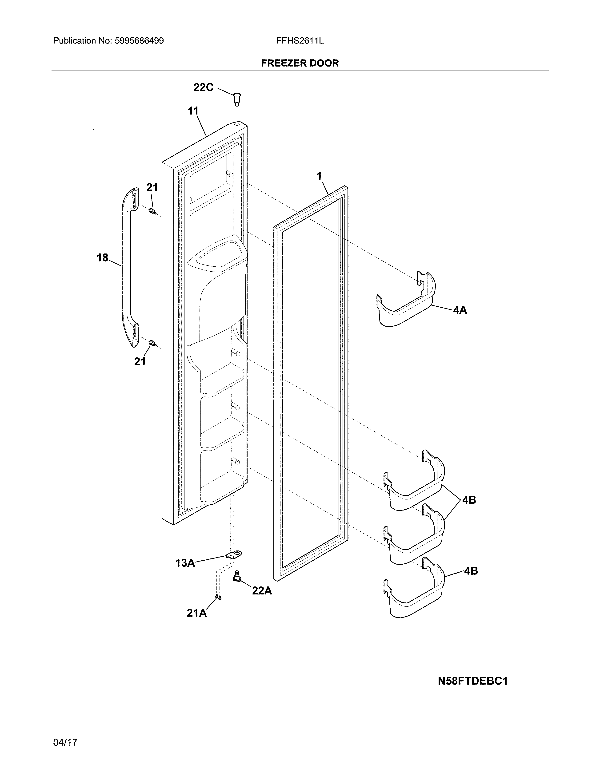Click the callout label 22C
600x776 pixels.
203,87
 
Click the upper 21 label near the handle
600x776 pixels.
152,187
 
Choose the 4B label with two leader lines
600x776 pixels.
469,500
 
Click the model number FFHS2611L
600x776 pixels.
300,41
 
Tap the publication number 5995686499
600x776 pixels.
139,41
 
